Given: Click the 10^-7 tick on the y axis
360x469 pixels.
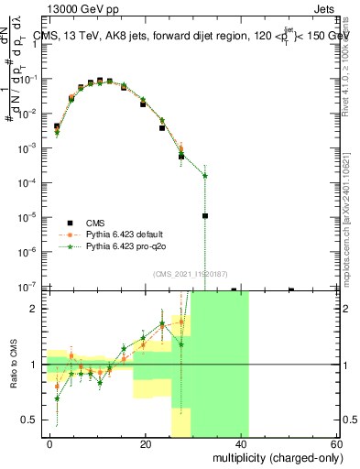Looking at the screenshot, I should click(x=31, y=287).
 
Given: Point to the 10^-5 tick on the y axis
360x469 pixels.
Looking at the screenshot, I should click(x=31, y=217).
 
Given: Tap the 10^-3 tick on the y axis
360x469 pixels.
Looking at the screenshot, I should click(x=31, y=147).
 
